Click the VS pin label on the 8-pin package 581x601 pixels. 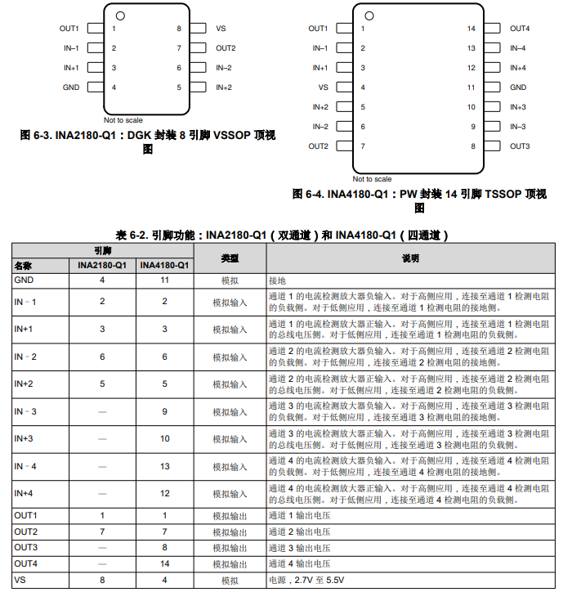click(x=221, y=29)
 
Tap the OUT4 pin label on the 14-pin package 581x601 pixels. click(x=520, y=29)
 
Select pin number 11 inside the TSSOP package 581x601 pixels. click(x=471, y=87)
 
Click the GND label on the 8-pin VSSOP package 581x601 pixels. click(x=71, y=87)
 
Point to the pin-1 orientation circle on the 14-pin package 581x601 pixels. click(x=371, y=15)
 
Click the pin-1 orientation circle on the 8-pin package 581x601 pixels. click(x=120, y=15)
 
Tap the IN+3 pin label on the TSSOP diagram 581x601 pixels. click(x=518, y=107)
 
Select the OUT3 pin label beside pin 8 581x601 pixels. click(x=520, y=146)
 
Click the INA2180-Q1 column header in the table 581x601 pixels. click(x=102, y=266)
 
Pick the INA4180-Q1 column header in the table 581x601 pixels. click(x=164, y=266)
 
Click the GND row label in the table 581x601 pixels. click(x=24, y=280)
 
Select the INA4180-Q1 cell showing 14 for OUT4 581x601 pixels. click(x=164, y=564)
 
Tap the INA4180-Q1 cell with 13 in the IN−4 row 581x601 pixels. click(x=164, y=466)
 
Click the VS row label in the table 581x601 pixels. click(x=20, y=580)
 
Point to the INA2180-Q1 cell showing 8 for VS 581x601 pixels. click(x=102, y=580)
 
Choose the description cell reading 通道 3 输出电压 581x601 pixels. click(x=299, y=548)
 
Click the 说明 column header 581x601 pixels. click(x=410, y=258)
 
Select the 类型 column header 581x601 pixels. click(x=230, y=258)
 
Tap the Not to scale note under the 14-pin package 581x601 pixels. click(x=372, y=179)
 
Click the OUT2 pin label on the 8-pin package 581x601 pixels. click(x=226, y=48)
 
